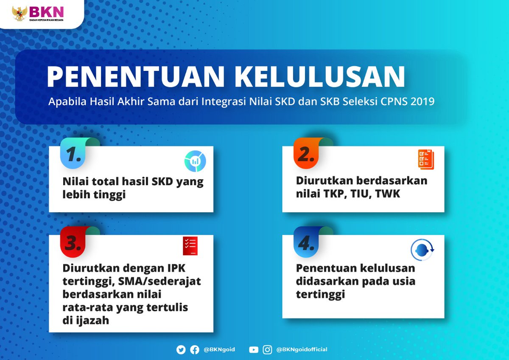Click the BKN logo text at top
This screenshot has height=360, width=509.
point(42,10)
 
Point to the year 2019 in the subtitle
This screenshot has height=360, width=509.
point(422,102)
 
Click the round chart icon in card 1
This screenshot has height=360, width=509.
point(195,161)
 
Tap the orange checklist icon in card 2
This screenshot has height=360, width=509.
point(426,160)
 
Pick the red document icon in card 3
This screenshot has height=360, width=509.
point(190,246)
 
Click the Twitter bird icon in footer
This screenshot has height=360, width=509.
point(181,350)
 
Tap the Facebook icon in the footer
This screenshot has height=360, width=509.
point(195,350)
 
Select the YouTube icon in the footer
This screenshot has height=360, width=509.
point(254,350)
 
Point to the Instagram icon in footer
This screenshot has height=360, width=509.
point(267,350)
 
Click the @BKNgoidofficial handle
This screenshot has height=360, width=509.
point(302,350)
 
